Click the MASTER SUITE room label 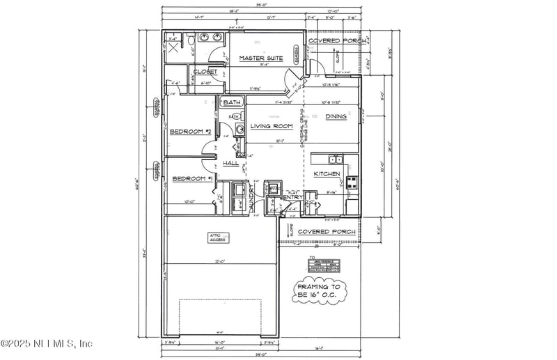[261, 58]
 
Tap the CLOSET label [205, 72]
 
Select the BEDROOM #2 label [190, 132]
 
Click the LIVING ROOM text [271, 126]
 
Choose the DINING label [336, 116]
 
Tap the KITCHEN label [326, 173]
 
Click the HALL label [230, 163]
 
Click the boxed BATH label [232, 102]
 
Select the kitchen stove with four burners [352, 184]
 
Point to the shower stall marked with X [174, 49]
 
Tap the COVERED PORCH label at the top [333, 41]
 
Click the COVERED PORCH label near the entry [327, 231]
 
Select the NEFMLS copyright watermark [47, 343]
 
